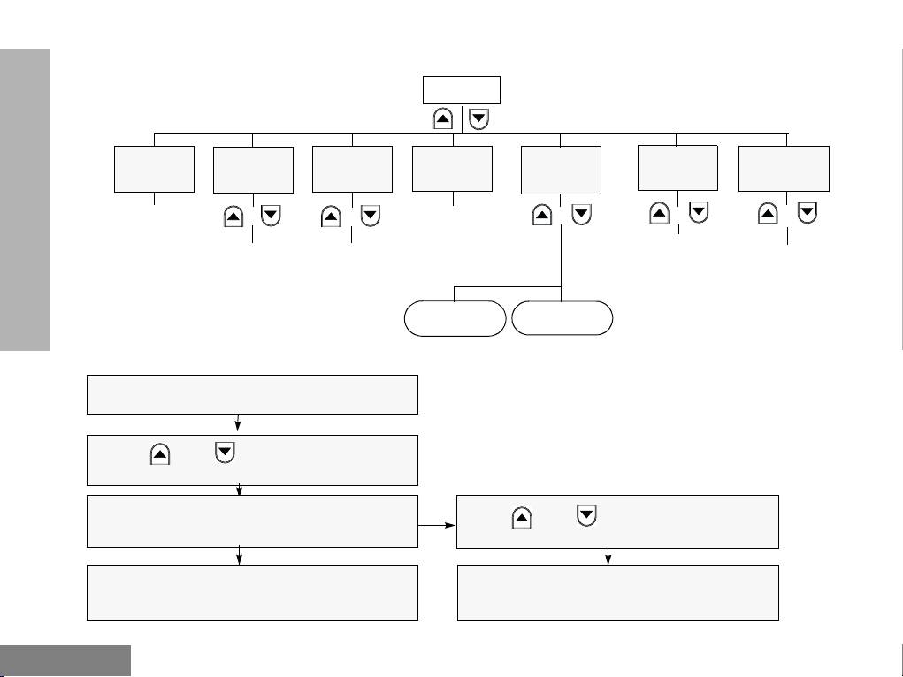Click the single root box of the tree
point(462,91)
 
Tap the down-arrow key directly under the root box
point(478,119)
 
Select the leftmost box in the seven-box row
point(155,169)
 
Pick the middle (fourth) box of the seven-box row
point(452,169)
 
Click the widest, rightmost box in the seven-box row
point(784,169)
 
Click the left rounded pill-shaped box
point(455,318)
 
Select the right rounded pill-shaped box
point(562,317)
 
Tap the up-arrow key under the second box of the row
point(233,216)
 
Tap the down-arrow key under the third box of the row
point(371,216)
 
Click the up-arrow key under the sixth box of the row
point(659,213)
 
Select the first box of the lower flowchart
point(252,394)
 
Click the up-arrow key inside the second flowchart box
point(160,454)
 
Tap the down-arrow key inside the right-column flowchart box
point(585,515)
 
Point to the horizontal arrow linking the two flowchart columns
point(437,524)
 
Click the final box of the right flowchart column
point(617,592)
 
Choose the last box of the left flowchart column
point(252,592)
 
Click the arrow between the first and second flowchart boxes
point(240,423)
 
